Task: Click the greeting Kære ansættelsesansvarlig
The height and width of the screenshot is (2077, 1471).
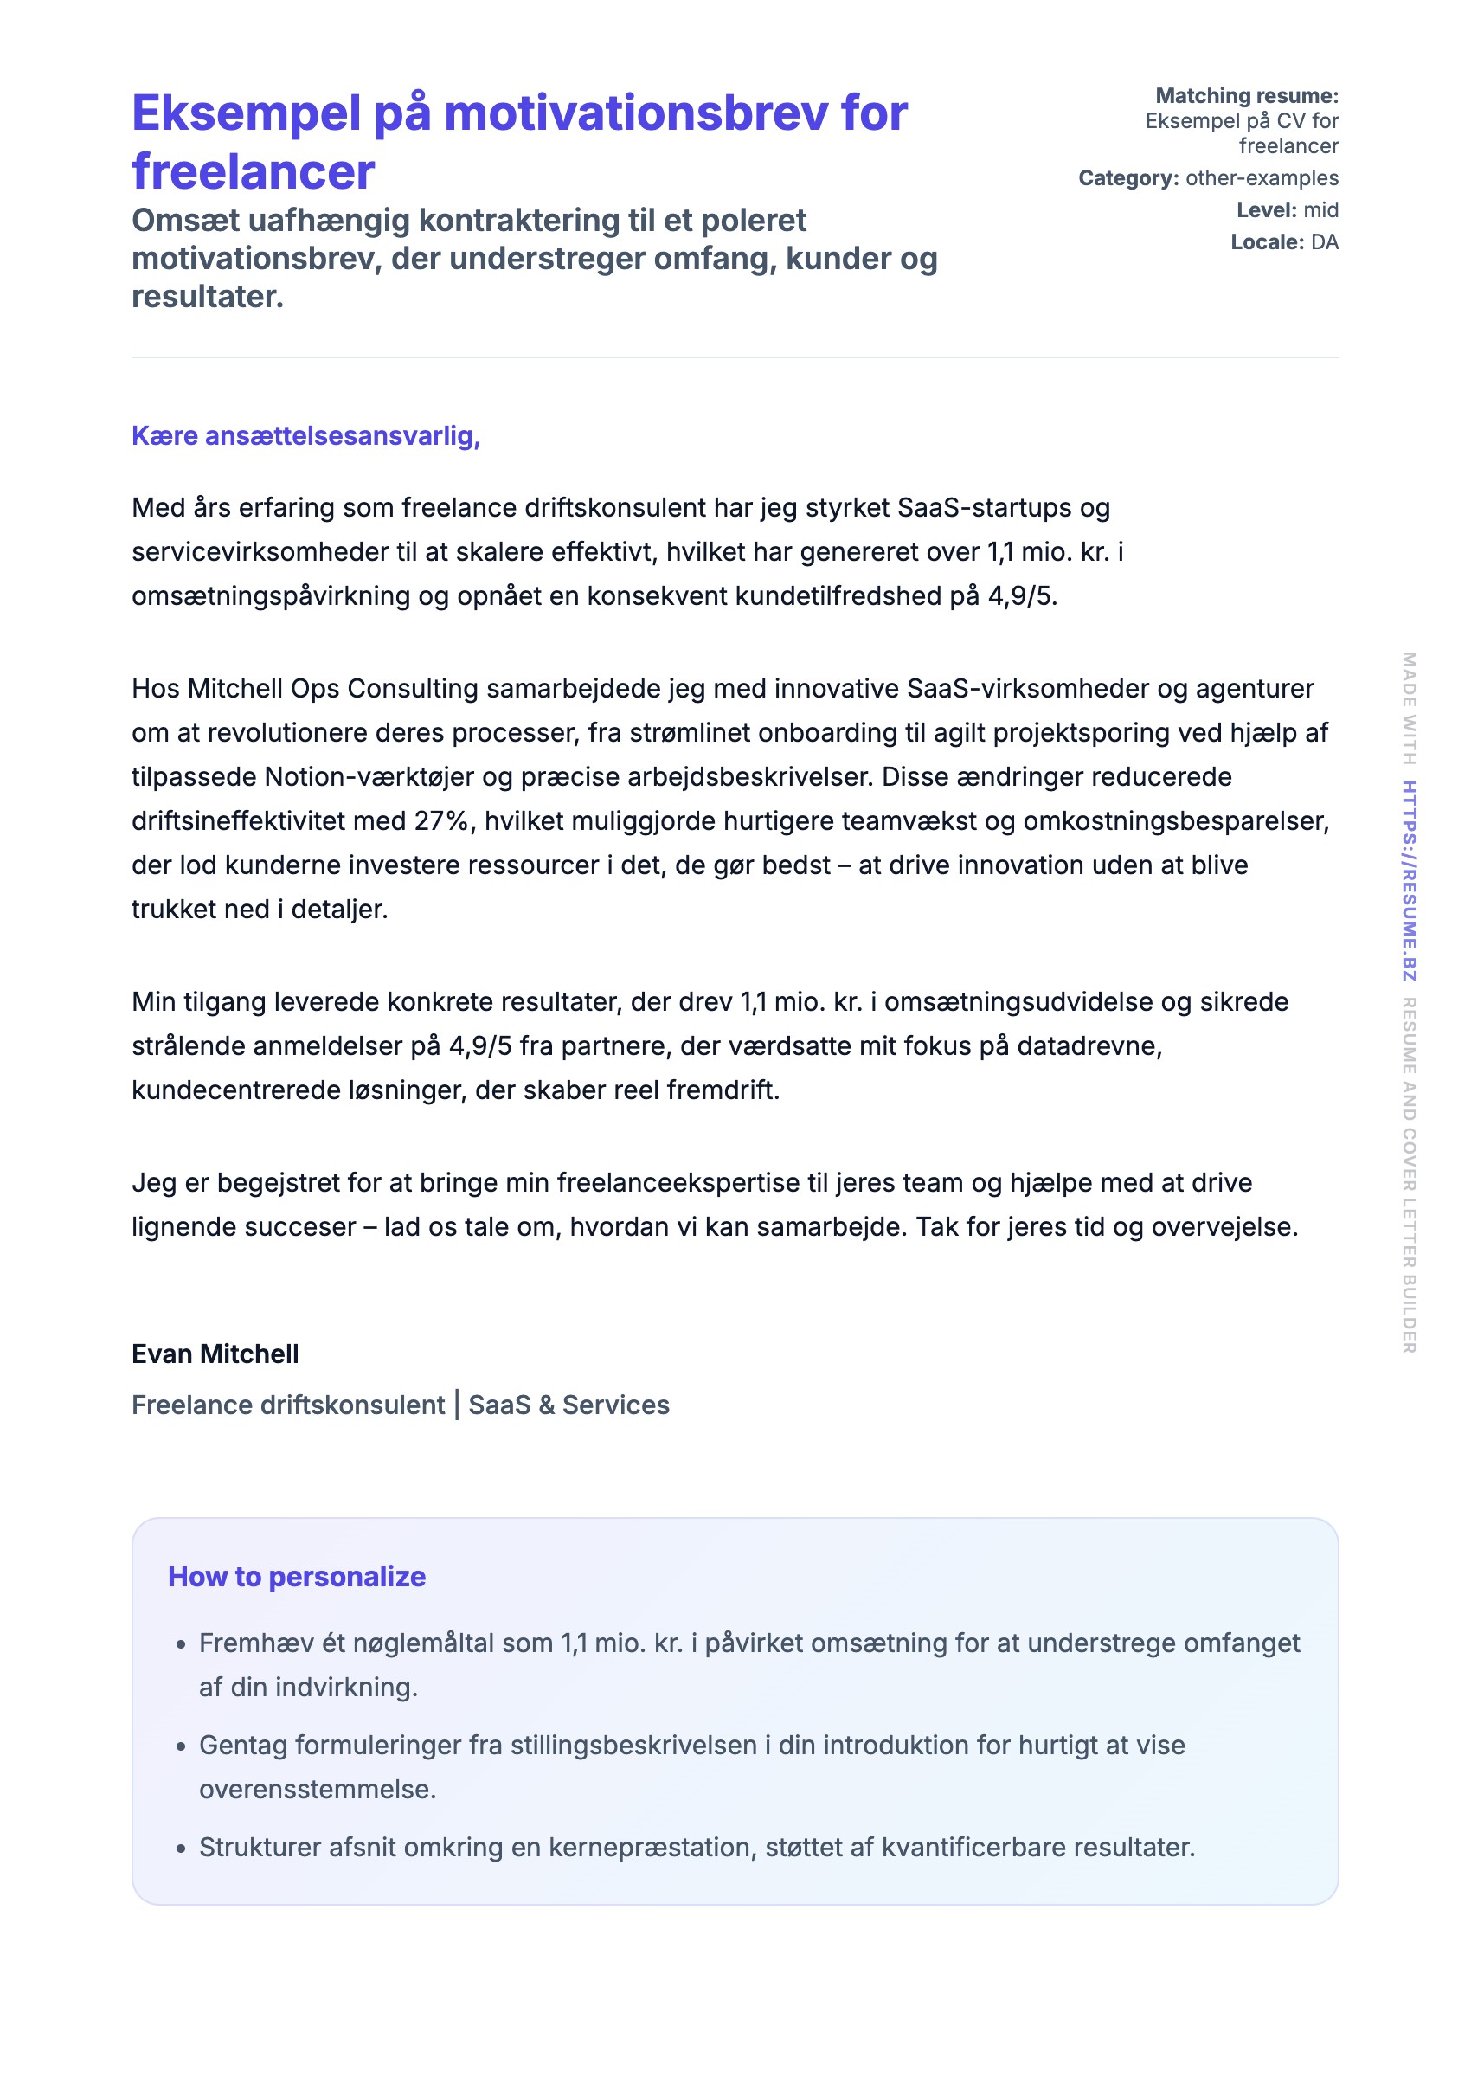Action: click(x=305, y=435)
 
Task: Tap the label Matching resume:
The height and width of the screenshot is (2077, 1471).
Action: click(x=1246, y=96)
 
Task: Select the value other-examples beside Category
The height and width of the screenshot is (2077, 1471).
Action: click(x=1261, y=178)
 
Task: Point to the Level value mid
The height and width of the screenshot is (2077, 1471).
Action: click(x=1320, y=210)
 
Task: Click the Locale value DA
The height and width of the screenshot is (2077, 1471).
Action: click(x=1324, y=241)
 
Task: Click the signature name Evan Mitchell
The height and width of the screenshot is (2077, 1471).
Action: click(x=215, y=1354)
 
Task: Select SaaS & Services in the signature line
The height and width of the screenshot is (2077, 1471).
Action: click(x=568, y=1405)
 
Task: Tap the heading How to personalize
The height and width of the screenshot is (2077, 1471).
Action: click(x=296, y=1577)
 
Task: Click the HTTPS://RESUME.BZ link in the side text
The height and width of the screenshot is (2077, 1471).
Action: click(x=1409, y=880)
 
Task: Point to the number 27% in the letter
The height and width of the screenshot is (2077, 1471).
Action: click(x=442, y=821)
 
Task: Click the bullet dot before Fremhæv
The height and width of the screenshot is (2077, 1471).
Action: click(x=181, y=1645)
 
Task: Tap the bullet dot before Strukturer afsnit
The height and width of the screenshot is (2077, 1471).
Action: click(x=181, y=1849)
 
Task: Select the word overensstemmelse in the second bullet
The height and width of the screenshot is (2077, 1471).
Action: click(x=317, y=1790)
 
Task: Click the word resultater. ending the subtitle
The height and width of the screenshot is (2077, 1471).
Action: click(x=208, y=297)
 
